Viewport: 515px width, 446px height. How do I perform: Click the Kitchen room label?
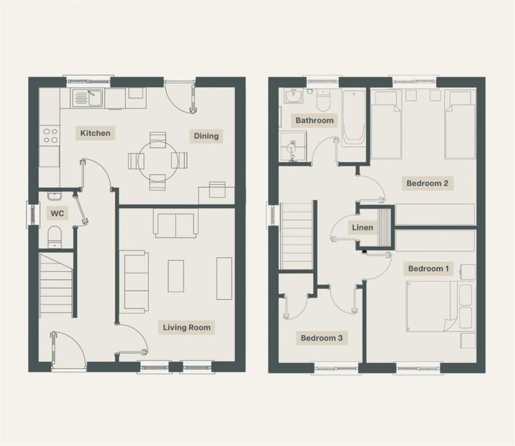[x=95, y=133]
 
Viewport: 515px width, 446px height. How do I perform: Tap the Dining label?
[x=206, y=136]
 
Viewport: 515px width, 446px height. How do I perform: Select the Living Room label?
[x=187, y=327]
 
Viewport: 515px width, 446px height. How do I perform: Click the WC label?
[x=57, y=214]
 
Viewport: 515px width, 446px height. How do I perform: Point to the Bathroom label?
[x=314, y=120]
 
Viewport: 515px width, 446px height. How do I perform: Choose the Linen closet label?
[x=362, y=228]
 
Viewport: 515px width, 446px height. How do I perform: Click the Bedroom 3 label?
[x=322, y=338]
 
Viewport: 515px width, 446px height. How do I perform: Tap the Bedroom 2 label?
[x=427, y=183]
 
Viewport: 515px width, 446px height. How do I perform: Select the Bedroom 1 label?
[x=427, y=268]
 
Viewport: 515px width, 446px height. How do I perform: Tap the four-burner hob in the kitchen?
[x=50, y=135]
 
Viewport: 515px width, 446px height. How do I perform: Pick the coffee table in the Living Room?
[x=176, y=276]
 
